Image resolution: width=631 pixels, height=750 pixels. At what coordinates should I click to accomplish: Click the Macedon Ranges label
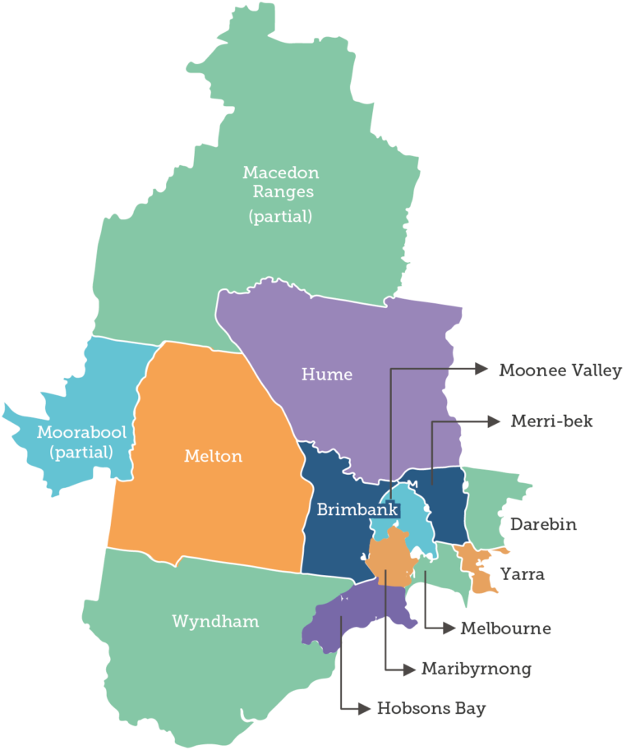click(280, 182)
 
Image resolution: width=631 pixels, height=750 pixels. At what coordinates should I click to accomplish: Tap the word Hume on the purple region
click(327, 375)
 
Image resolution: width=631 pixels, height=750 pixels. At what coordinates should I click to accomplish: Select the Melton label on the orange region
click(214, 456)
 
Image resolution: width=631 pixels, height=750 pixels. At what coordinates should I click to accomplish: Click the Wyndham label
click(215, 621)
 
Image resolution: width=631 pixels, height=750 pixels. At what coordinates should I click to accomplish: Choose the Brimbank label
click(357, 510)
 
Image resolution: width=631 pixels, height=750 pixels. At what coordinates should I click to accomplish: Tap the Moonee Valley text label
click(560, 370)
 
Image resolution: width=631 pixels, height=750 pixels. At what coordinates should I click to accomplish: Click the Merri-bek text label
click(551, 421)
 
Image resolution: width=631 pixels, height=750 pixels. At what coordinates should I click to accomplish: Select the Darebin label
click(543, 524)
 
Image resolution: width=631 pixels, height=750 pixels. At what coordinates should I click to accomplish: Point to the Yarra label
click(522, 573)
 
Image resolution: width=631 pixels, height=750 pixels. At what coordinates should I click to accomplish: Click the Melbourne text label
click(505, 628)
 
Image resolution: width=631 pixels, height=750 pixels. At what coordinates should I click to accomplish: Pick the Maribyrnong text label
click(476, 669)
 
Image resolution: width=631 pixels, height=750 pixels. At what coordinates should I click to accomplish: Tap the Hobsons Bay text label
click(431, 708)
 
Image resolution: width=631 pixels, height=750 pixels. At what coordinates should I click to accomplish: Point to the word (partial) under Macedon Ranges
click(280, 217)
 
